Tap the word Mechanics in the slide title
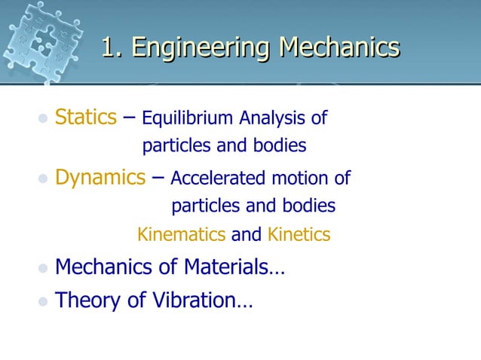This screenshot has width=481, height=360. (339, 47)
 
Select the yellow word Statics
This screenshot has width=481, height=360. (85, 117)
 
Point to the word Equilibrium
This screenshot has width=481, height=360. (188, 119)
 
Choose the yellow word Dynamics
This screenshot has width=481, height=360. (100, 178)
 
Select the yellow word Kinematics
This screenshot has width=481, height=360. (181, 235)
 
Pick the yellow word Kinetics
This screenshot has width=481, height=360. (299, 235)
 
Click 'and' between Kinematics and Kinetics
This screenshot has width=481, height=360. (246, 235)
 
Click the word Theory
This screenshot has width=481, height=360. (88, 301)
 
